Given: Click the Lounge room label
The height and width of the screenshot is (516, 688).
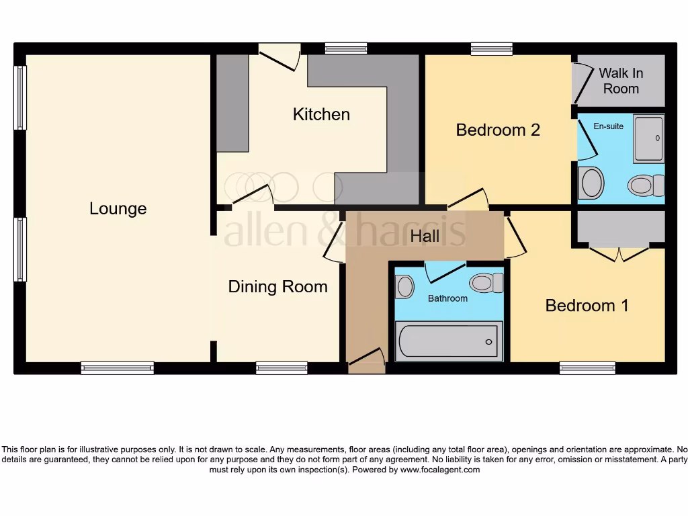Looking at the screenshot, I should coord(118,209).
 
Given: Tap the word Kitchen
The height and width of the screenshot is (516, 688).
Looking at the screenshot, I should coord(321,114).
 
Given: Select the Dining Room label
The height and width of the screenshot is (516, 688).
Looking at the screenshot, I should coord(277,287).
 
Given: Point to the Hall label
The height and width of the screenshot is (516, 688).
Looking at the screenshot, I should coord(425,236).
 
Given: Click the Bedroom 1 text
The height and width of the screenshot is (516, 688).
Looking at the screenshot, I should coord(587,306).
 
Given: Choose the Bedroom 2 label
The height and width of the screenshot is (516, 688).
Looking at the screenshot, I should coord(498,130).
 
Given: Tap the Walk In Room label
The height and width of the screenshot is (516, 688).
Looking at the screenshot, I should coord(621,81).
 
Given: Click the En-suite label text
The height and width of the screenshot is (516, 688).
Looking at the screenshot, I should coord(608,126).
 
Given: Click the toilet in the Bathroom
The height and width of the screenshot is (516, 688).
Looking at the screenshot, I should coord(486,283).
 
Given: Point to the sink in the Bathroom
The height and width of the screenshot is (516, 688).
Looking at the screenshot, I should coord(404,287).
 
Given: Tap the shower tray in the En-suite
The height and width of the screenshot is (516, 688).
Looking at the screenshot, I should coord(648,138).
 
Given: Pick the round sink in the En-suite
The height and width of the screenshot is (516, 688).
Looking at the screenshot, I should coord(592,183).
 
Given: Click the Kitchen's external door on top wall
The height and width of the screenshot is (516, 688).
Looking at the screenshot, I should coord(279,56).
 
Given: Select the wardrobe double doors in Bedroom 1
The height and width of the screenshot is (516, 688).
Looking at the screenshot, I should coord(619,253).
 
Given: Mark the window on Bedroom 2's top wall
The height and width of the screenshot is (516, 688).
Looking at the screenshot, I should coord(492,48).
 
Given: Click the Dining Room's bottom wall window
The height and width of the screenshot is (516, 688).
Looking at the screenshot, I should coord(282,368).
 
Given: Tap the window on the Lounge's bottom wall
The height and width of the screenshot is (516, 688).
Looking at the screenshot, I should coord(118,368).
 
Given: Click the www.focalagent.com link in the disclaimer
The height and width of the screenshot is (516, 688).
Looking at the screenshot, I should coord(440,470).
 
